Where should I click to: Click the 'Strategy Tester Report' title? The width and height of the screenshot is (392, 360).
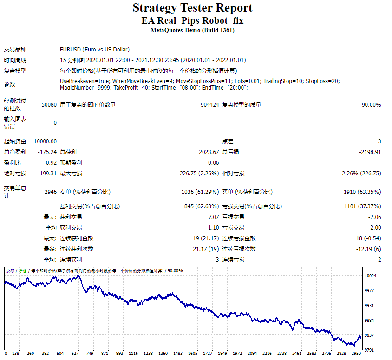pyautogui.click(x=192, y=8)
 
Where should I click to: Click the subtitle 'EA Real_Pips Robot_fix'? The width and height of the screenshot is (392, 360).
pyautogui.click(x=192, y=21)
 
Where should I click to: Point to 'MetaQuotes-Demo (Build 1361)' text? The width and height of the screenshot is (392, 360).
pyautogui.click(x=192, y=30)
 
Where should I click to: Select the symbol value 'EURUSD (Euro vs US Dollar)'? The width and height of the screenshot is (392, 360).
pyautogui.click(x=95, y=49)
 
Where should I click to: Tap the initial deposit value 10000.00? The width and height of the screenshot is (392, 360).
pyautogui.click(x=45, y=141)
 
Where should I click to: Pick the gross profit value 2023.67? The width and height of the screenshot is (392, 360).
pyautogui.click(x=209, y=152)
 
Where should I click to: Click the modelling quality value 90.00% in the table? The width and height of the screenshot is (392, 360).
pyautogui.click(x=371, y=105)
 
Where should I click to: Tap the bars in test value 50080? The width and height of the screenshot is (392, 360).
pyautogui.click(x=49, y=105)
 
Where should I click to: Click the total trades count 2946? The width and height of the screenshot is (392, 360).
pyautogui.click(x=50, y=192)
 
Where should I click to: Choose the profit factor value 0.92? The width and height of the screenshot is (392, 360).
pyautogui.click(x=51, y=163)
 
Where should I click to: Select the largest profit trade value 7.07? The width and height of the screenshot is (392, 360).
pyautogui.click(x=213, y=217)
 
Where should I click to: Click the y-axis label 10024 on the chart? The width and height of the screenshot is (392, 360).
pyautogui.click(x=370, y=276)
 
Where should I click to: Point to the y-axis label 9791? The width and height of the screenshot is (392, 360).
pyautogui.click(x=370, y=350)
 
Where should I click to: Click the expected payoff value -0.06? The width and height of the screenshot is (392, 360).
pyautogui.click(x=212, y=163)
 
